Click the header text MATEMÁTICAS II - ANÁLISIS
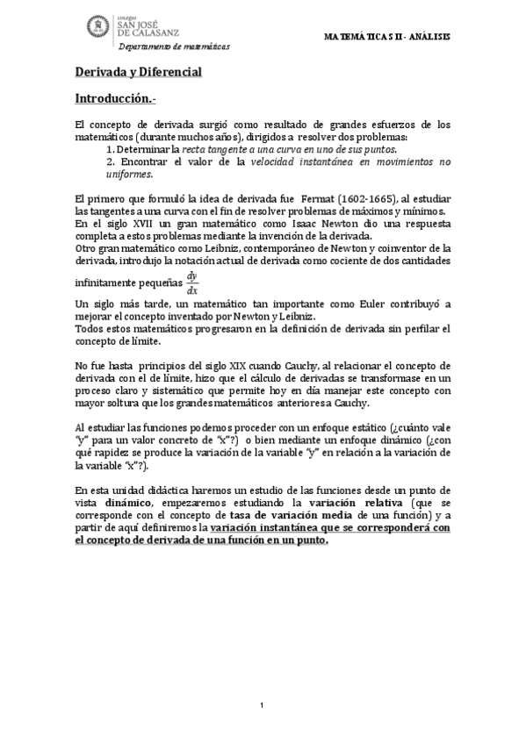[x=387, y=38]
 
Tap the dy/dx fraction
[x=192, y=283]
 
